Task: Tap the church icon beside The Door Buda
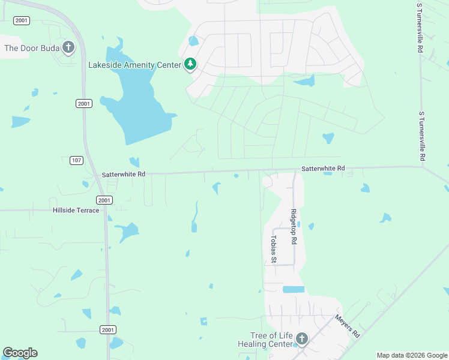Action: (68, 47)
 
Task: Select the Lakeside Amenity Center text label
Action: (134, 65)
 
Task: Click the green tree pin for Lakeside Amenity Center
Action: (190, 64)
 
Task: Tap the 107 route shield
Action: (76, 160)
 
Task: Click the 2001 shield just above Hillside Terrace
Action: (104, 200)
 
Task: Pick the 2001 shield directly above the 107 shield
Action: (84, 104)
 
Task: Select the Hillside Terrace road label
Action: (76, 211)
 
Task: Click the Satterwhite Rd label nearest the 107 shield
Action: (124, 174)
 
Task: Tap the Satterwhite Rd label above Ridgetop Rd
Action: (323, 169)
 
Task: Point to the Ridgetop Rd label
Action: (294, 226)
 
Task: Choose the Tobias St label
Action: (273, 249)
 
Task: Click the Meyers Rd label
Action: (346, 326)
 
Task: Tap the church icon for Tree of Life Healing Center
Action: (301, 340)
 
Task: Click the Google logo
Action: (20, 353)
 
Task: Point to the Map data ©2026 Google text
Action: (412, 355)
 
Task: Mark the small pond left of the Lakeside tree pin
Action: (193, 41)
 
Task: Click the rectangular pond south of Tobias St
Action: (294, 289)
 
